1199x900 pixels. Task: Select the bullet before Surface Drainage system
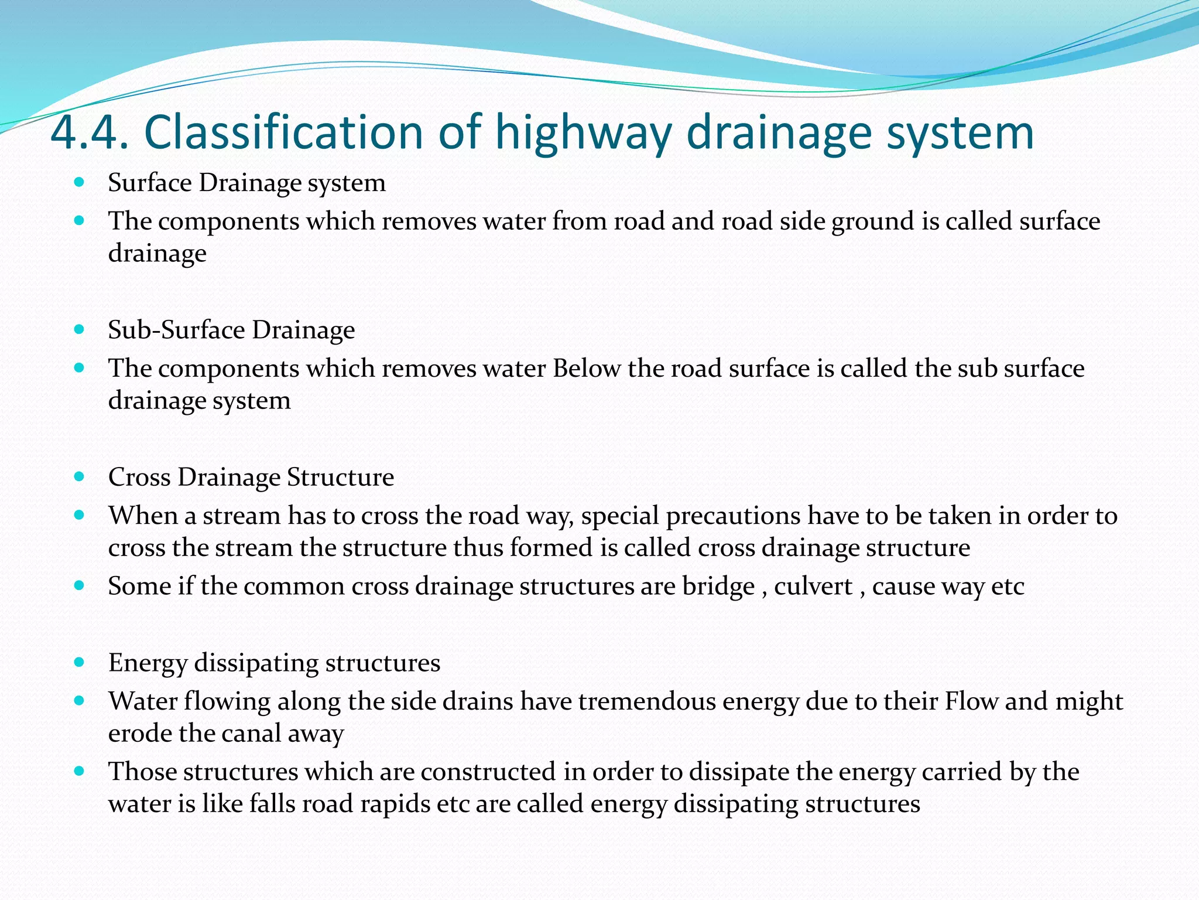click(x=80, y=182)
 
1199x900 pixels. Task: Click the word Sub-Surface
click(x=176, y=330)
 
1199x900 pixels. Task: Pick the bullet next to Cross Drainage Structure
click(x=80, y=477)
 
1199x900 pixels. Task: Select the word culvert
click(x=813, y=587)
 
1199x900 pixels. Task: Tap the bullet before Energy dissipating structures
click(x=80, y=663)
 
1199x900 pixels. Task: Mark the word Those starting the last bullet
click(x=142, y=772)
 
